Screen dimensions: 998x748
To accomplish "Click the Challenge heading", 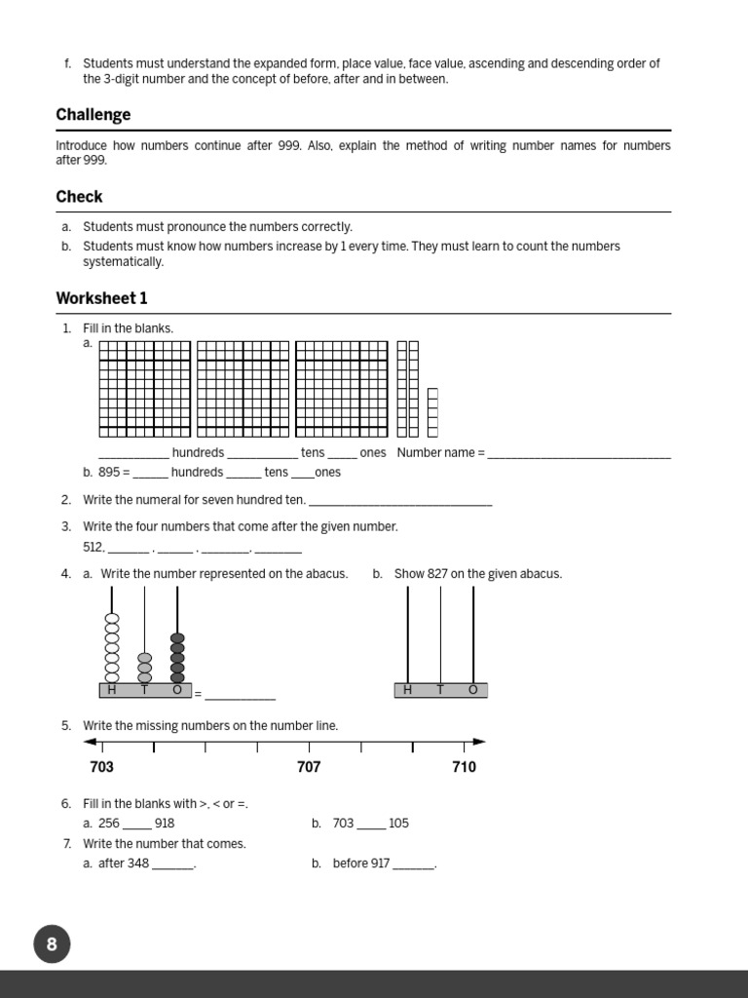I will (93, 115).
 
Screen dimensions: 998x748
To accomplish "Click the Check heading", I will (79, 197).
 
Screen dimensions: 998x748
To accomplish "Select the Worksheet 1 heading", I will (101, 298).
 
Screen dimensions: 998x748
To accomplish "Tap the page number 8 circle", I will (52, 943).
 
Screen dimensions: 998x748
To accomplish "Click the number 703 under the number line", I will (101, 767).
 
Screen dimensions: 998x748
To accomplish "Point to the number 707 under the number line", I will (309, 767).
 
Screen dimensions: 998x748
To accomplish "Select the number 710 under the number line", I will (465, 767).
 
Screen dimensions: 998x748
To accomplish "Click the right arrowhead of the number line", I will (479, 742).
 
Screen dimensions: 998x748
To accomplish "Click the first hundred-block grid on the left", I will (145, 389).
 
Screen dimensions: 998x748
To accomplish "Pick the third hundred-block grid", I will (342, 389).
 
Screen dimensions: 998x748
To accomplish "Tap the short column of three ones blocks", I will (432, 412).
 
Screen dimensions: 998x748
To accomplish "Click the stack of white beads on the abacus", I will (112, 648).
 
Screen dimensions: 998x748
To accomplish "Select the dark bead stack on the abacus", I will (177, 658).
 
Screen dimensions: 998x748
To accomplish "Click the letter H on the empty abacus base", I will (407, 690).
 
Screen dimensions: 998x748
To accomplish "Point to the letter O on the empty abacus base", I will (473, 690).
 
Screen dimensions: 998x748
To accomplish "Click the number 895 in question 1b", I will (108, 473).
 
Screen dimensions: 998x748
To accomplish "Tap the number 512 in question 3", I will (93, 548).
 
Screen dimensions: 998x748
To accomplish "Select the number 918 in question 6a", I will (165, 824).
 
